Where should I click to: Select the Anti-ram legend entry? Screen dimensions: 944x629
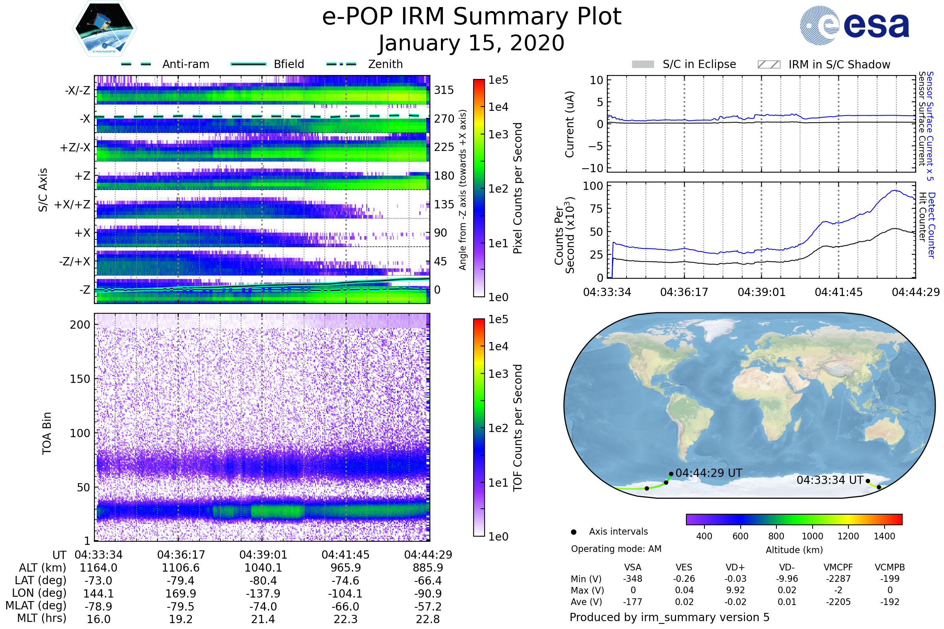click(165, 64)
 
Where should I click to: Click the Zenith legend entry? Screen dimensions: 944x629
click(365, 64)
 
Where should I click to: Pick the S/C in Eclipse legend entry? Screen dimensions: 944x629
click(684, 64)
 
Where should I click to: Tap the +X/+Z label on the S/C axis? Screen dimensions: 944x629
click(72, 204)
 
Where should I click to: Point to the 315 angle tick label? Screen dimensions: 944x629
click(444, 90)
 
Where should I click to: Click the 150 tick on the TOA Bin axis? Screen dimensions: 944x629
click(80, 379)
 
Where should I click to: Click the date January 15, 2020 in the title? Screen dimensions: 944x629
click(472, 43)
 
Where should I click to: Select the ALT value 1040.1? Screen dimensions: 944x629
click(263, 568)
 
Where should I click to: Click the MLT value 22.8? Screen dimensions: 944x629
click(428, 619)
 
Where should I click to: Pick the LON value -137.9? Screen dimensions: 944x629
click(263, 593)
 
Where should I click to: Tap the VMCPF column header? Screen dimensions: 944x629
click(838, 567)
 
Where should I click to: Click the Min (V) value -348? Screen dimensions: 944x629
click(632, 578)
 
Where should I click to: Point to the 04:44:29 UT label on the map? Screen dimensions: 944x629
click(709, 473)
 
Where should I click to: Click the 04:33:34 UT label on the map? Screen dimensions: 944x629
click(830, 480)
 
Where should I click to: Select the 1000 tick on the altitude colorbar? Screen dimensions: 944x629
click(812, 536)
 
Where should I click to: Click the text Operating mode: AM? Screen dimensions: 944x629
click(616, 549)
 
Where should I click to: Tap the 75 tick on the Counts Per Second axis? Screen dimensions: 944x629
click(596, 209)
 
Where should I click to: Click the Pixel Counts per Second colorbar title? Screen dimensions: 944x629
click(518, 188)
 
